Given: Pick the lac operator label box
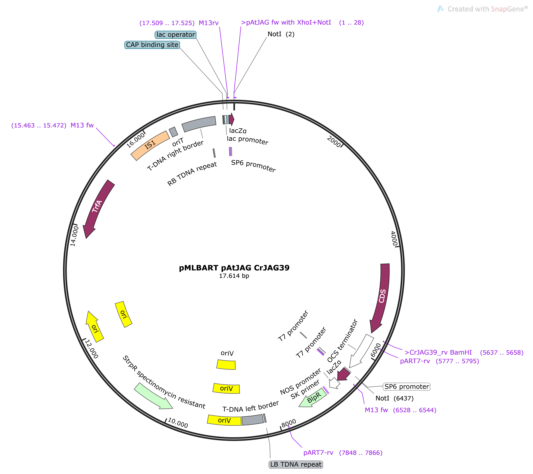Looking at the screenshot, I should [x=176, y=35].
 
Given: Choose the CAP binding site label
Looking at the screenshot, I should [x=152, y=45].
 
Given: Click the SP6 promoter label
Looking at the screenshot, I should [x=406, y=386].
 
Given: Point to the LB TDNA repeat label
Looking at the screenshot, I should [x=296, y=464].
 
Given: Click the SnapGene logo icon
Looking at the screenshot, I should [x=440, y=9].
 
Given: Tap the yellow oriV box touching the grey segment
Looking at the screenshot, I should [x=224, y=420].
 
